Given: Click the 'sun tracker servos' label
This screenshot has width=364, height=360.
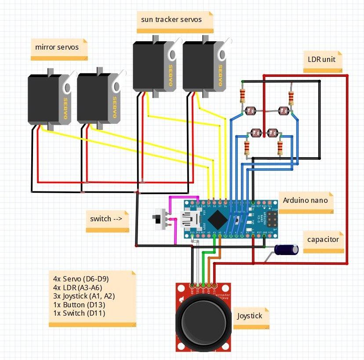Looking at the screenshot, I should (x=171, y=20).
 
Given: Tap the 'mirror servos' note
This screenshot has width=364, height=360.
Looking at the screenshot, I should (x=57, y=47).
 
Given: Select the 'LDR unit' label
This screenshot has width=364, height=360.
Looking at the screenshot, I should (x=321, y=58).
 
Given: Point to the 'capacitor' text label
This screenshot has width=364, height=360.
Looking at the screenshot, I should (x=323, y=239).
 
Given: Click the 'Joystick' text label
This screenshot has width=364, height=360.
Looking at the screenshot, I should (x=250, y=316).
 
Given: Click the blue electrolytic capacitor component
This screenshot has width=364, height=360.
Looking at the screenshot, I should (x=287, y=249).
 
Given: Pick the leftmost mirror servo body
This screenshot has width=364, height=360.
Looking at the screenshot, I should (x=46, y=98).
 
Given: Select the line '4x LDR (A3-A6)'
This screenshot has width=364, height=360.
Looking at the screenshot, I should (x=77, y=288).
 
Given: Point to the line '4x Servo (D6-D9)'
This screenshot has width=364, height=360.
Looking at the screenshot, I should (x=80, y=279).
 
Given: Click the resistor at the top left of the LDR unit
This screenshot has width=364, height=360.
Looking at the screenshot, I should (x=241, y=94).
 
